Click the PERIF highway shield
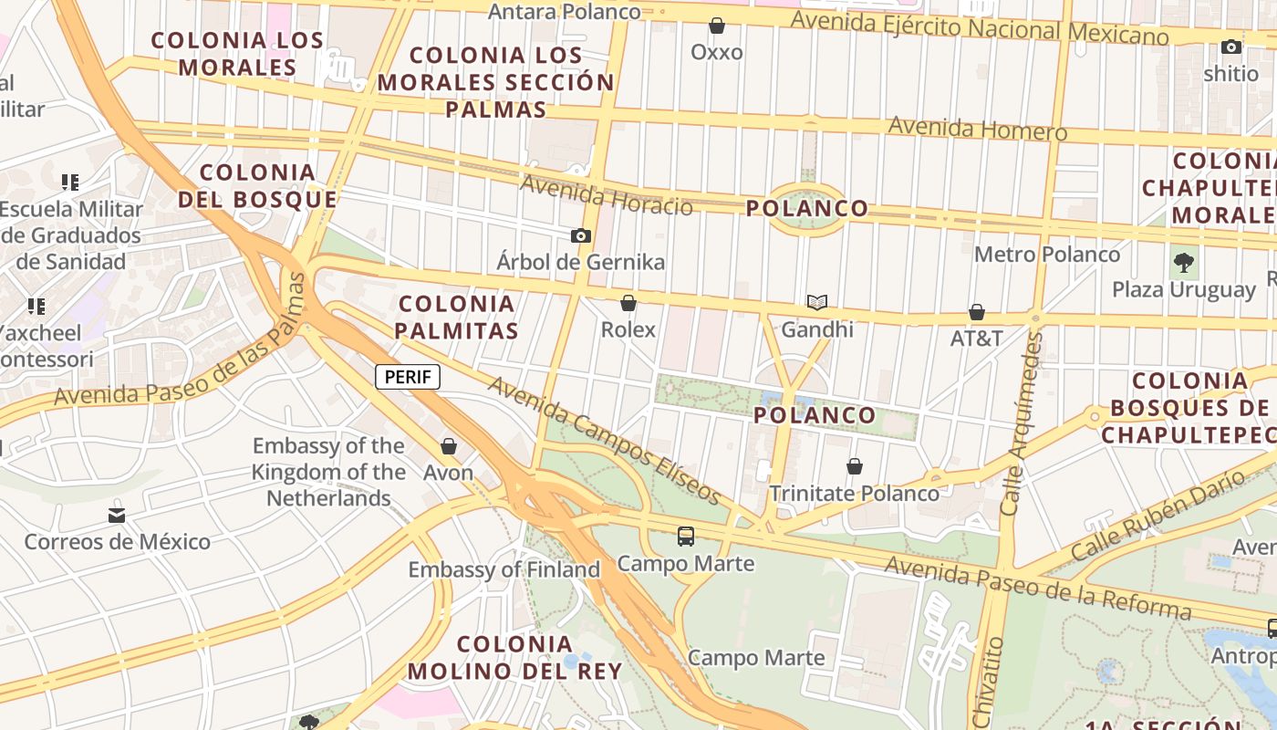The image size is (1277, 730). click(x=408, y=377)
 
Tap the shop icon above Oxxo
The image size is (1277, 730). click(x=717, y=26)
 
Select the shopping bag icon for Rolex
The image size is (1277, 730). click(x=628, y=302)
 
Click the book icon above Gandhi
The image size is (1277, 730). click(x=816, y=302)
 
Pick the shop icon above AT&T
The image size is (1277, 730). click(x=976, y=312)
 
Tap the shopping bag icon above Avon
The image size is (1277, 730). click(x=448, y=446)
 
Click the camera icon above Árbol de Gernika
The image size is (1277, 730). click(x=580, y=235)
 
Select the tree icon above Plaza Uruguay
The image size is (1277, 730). click(x=1184, y=263)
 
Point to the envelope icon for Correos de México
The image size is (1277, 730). click(x=117, y=516)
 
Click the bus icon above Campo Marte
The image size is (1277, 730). click(x=686, y=537)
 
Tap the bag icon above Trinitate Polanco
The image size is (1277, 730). click(x=854, y=467)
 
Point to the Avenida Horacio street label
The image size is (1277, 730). click(x=606, y=195)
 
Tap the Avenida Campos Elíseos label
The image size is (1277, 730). click(x=605, y=440)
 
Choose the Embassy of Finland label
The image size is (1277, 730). click(x=504, y=569)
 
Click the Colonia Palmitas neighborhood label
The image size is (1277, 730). click(x=457, y=317)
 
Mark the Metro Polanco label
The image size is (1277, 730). click(x=1046, y=254)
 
